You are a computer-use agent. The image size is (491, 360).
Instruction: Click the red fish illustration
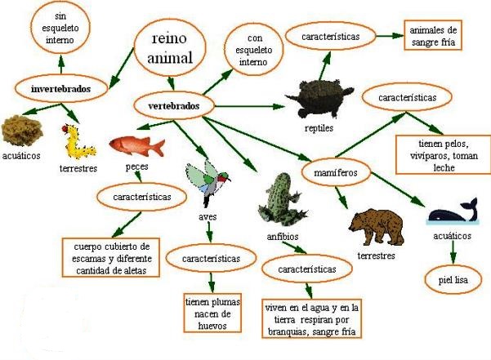[x=136, y=145]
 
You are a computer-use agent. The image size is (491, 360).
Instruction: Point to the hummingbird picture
[x=208, y=184]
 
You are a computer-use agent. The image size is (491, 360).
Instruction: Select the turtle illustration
[x=319, y=99]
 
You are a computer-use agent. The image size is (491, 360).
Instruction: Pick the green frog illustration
[x=282, y=200]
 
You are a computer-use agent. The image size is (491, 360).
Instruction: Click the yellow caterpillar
[x=78, y=142]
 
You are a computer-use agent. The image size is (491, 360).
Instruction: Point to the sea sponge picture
[x=22, y=131]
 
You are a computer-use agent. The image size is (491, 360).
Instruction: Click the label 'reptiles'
[x=319, y=128]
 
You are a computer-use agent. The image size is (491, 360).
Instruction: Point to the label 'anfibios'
[x=283, y=237]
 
